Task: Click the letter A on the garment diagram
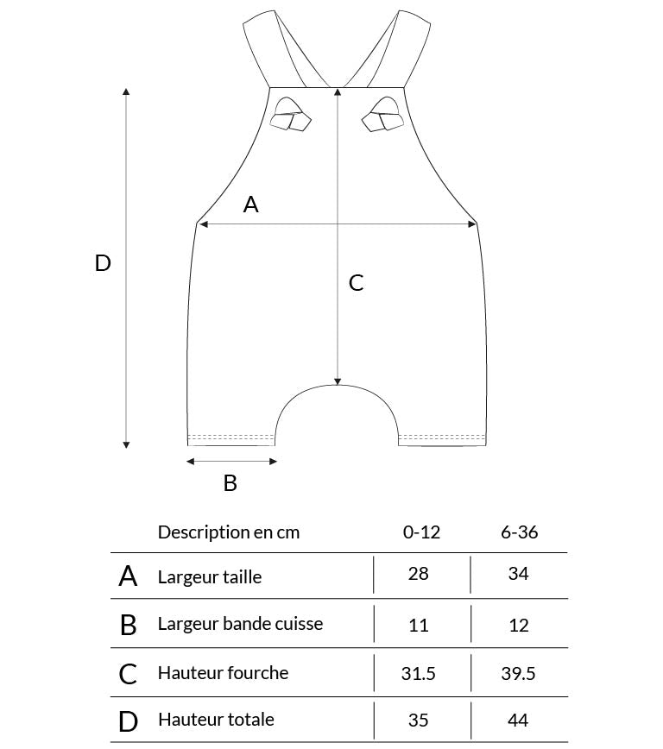pyautogui.click(x=251, y=205)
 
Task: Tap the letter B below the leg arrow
pyautogui.click(x=230, y=483)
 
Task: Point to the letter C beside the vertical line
pyautogui.click(x=357, y=283)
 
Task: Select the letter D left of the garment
pyautogui.click(x=103, y=263)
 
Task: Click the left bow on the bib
pyautogui.click(x=290, y=115)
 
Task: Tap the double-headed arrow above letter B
pyautogui.click(x=231, y=461)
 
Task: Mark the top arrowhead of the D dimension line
pyautogui.click(x=126, y=91)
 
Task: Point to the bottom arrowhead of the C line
pyautogui.click(x=338, y=381)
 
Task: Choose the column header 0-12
pyautogui.click(x=421, y=532)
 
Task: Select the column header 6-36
pyautogui.click(x=519, y=532)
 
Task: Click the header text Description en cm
pyautogui.click(x=229, y=532)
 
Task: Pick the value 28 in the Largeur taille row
pyautogui.click(x=418, y=574)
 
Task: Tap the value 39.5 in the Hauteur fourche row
pyautogui.click(x=518, y=674)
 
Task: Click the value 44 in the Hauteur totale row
pyautogui.click(x=518, y=720)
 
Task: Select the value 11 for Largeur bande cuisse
pyautogui.click(x=418, y=626)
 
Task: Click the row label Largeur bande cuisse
pyautogui.click(x=241, y=624)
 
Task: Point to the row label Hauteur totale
pyautogui.click(x=216, y=720)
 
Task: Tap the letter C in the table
pyautogui.click(x=128, y=674)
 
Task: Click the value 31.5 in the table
pyautogui.click(x=418, y=674)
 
